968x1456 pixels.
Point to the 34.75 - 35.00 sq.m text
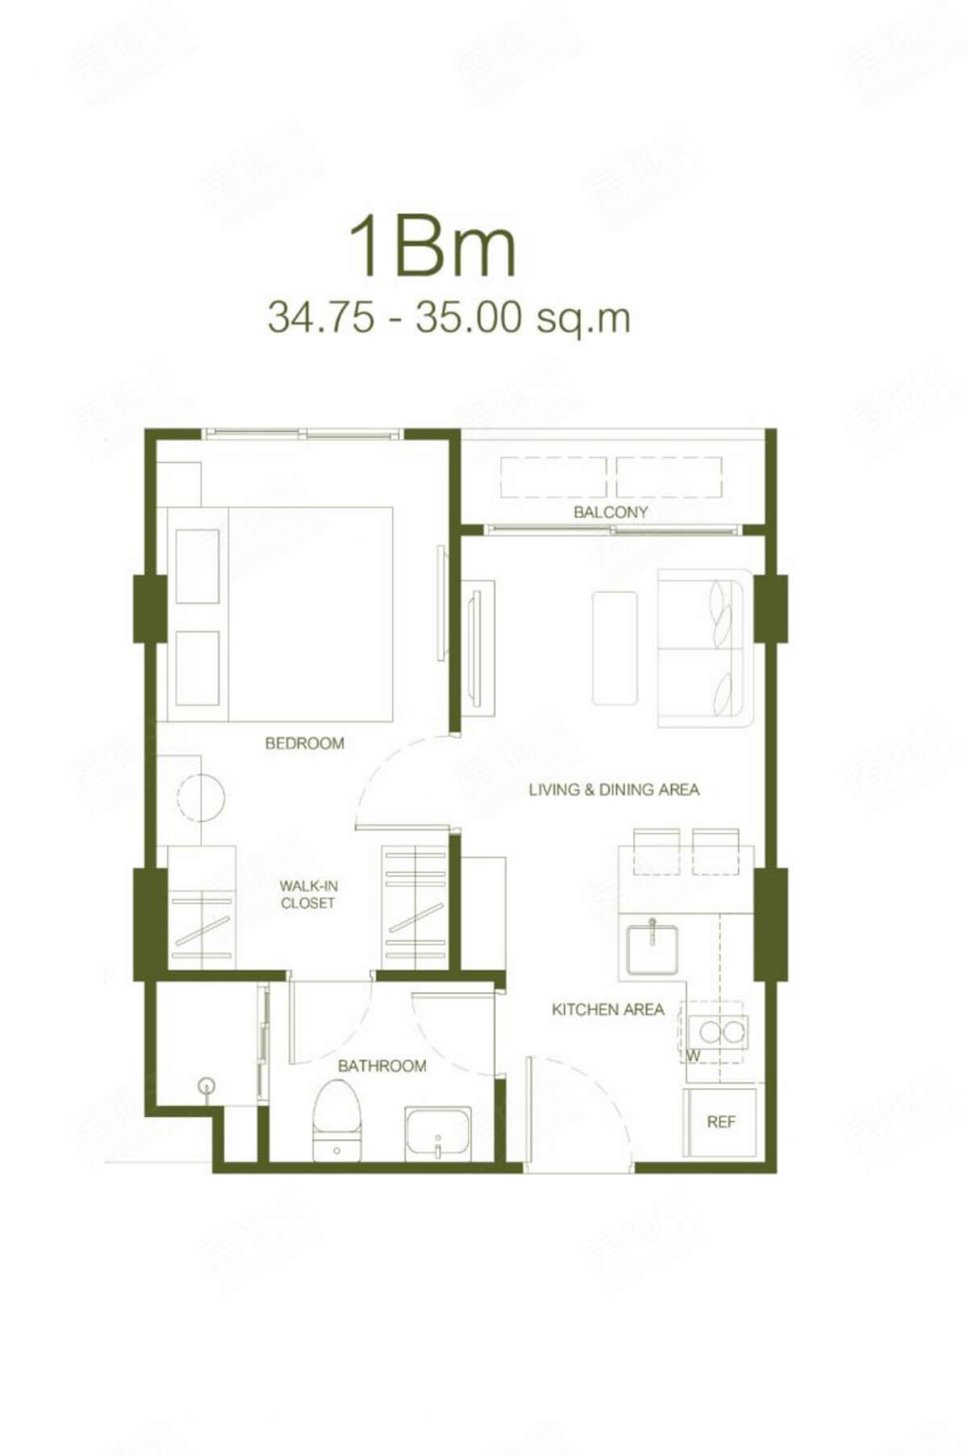(x=449, y=317)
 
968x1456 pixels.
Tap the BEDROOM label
(x=304, y=743)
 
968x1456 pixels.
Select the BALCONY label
(x=611, y=512)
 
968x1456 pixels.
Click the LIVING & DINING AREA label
(x=614, y=789)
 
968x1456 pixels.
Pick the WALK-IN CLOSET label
(x=308, y=895)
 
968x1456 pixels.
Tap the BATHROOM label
(x=382, y=1066)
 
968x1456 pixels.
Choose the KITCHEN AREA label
(x=607, y=1010)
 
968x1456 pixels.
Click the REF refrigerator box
(x=720, y=1122)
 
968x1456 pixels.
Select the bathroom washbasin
(x=436, y=1132)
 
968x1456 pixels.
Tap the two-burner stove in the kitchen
(x=722, y=1031)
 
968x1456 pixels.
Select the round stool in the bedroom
(x=202, y=797)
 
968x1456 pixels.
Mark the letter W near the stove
(x=693, y=1055)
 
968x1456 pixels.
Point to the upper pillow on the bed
(x=198, y=566)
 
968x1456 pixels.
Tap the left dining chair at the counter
(x=657, y=851)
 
